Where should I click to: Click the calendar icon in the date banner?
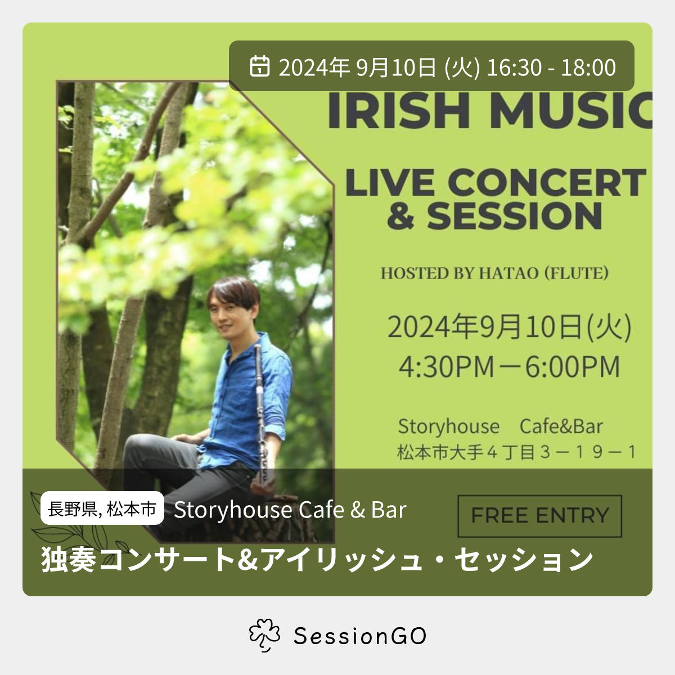(259, 66)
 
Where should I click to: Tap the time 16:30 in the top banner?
(514, 67)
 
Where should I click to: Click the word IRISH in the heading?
(398, 110)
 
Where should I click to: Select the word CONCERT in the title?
(547, 182)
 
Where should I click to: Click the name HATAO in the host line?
(508, 273)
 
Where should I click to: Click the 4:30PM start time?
(447, 367)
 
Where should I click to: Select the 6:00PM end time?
(573, 367)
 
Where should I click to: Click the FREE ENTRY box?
(539, 516)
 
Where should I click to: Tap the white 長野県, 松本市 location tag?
(102, 508)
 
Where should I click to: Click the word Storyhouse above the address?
(449, 426)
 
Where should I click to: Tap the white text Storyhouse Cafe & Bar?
(290, 510)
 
